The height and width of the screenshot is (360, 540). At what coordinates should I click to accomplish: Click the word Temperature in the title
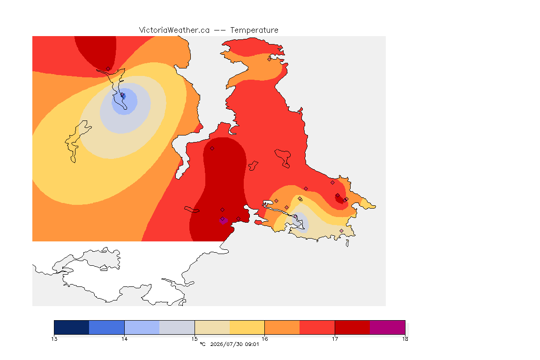click(254, 30)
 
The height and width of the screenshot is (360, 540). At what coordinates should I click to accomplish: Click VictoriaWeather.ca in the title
click(174, 30)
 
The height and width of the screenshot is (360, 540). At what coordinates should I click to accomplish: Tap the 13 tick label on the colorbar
click(54, 339)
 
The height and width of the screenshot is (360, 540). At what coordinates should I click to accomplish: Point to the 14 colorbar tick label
click(124, 339)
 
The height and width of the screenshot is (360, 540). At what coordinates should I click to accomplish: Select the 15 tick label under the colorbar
click(195, 339)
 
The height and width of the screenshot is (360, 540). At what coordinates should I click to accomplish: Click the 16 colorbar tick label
click(264, 339)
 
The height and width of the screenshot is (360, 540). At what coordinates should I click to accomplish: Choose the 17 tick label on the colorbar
click(335, 339)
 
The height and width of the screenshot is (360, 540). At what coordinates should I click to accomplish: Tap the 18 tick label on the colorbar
click(405, 339)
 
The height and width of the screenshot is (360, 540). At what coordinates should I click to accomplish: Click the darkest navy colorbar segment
click(72, 327)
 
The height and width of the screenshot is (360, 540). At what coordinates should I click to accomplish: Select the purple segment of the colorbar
click(388, 327)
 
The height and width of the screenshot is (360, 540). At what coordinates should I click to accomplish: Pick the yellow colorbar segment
click(247, 327)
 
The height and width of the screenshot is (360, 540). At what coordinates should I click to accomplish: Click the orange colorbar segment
click(282, 327)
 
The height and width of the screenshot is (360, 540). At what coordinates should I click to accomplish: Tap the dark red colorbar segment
click(352, 327)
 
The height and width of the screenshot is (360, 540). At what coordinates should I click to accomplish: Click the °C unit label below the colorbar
click(202, 344)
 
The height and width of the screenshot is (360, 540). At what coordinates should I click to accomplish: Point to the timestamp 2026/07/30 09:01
click(234, 344)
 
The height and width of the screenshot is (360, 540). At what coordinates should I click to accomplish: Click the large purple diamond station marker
click(223, 220)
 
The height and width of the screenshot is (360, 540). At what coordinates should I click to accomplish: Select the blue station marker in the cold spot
click(123, 96)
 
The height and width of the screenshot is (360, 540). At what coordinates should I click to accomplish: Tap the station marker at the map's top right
click(270, 59)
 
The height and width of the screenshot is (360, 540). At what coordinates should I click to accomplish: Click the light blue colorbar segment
click(142, 327)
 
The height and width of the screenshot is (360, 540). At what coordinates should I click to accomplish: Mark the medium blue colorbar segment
click(107, 327)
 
